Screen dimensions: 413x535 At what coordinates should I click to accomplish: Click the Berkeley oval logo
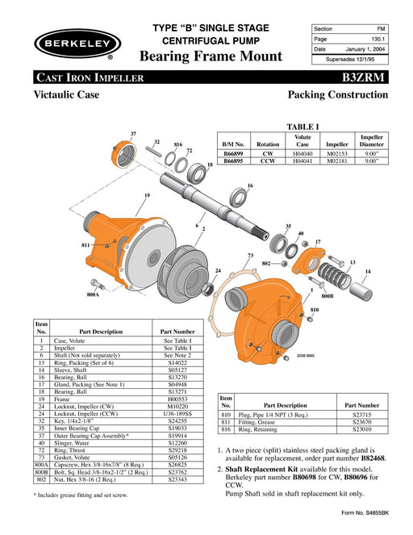(x=77, y=44)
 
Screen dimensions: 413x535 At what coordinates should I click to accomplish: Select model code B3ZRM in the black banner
(x=363, y=77)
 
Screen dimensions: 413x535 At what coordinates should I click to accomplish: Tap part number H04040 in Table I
(x=302, y=154)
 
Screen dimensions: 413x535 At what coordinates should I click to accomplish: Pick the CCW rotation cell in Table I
(x=268, y=161)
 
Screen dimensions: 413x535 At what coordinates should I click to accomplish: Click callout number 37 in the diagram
(x=133, y=134)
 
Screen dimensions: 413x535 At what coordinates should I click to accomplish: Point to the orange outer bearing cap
(x=123, y=155)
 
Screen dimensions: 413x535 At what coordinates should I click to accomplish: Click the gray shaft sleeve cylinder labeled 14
(x=361, y=291)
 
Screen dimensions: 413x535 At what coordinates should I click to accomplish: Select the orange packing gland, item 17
(x=309, y=261)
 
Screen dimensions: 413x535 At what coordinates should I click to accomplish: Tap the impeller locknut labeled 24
(x=207, y=289)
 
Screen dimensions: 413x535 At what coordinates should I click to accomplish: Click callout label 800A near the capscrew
(x=93, y=295)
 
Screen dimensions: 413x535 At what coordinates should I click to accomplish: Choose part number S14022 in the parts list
(x=177, y=362)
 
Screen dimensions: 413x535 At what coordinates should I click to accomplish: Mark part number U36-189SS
(x=177, y=413)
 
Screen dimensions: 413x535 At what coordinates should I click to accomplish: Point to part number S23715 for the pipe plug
(x=362, y=415)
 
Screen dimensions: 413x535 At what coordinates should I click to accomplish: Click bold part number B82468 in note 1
(x=373, y=458)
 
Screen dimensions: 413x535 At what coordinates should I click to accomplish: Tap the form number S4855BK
(x=377, y=513)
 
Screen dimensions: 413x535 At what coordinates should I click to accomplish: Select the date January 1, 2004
(x=365, y=49)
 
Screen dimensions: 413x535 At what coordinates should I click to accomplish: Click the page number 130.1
(x=378, y=40)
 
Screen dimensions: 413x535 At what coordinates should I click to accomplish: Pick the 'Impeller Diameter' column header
(x=371, y=140)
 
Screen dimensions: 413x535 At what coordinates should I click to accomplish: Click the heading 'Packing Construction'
(x=338, y=94)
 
